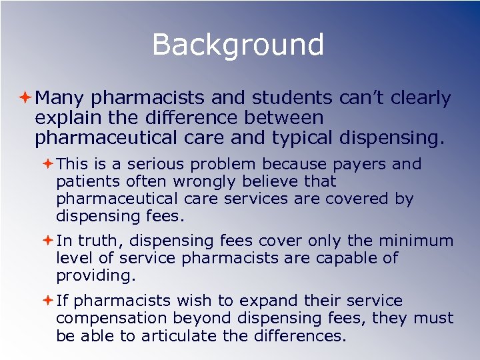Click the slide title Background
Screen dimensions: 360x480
pos(238,45)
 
